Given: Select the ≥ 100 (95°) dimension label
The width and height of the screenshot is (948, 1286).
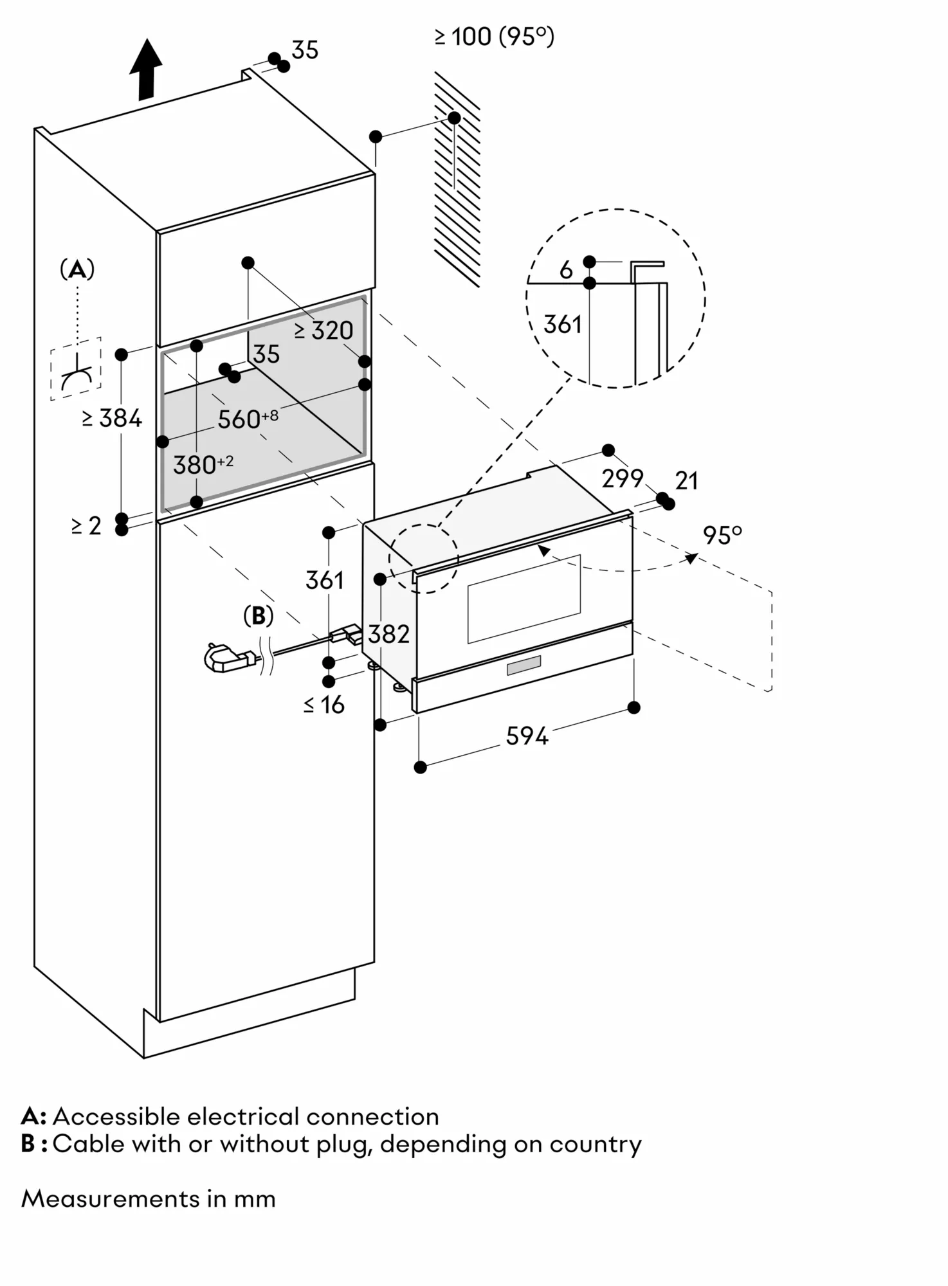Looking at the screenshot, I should pos(494,37).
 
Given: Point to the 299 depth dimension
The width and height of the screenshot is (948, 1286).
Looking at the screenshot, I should pos(622,478).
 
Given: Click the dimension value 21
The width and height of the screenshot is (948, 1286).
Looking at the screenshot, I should pos(686,481).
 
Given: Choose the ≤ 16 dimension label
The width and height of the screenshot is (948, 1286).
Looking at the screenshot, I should pos(324,705).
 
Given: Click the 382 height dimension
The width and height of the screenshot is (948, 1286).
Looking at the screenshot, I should pos(388,635).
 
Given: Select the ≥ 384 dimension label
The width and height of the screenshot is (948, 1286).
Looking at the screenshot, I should pos(112,419).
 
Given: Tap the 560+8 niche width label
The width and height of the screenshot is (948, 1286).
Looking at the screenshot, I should pos(248,419).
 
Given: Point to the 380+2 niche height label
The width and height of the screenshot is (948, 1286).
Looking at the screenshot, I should pos(203,464).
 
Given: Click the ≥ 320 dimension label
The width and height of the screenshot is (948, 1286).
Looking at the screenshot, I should pos(324,331).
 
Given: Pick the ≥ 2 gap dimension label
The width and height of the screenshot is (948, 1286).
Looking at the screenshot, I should pos(87,526).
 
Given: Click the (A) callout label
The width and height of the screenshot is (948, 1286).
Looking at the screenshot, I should pos(77,269).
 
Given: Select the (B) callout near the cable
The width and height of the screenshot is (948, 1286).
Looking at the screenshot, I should pos(258,616).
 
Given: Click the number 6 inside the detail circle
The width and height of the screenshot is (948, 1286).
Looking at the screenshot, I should pos(566,270).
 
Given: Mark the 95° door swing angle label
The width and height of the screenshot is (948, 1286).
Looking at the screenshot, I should pos(722,535).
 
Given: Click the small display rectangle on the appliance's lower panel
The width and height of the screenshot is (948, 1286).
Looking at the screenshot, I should pos(524,666).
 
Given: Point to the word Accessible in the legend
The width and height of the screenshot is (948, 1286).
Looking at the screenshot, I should pos(116,1117).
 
